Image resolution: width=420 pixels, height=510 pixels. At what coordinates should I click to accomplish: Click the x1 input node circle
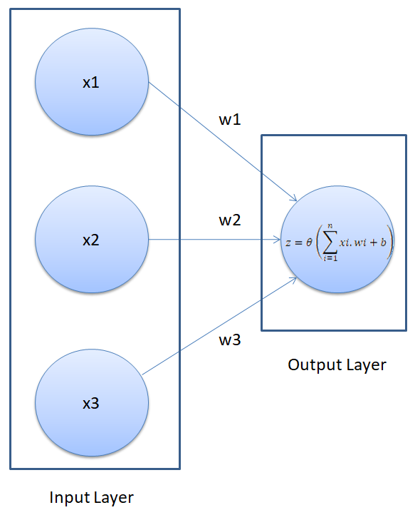click(x=91, y=83)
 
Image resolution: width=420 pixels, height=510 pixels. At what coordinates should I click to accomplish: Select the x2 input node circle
click(x=91, y=240)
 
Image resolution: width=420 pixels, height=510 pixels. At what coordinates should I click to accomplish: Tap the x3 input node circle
click(x=91, y=404)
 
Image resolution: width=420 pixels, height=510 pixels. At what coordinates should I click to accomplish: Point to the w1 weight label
click(x=229, y=120)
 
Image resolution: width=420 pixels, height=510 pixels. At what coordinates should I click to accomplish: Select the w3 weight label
click(x=229, y=340)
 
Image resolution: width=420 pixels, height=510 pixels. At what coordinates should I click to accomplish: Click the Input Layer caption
click(x=91, y=496)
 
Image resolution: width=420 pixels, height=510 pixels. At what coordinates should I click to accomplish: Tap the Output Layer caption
click(x=337, y=365)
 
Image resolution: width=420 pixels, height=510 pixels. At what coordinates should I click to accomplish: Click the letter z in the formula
click(x=288, y=243)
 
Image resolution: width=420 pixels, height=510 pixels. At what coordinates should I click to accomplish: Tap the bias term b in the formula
click(x=382, y=242)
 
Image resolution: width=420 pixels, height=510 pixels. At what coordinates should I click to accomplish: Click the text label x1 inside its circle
click(x=91, y=83)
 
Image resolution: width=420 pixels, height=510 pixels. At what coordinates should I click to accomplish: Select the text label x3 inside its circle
click(x=91, y=404)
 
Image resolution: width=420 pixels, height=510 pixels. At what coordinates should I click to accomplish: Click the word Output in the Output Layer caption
click(x=312, y=365)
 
